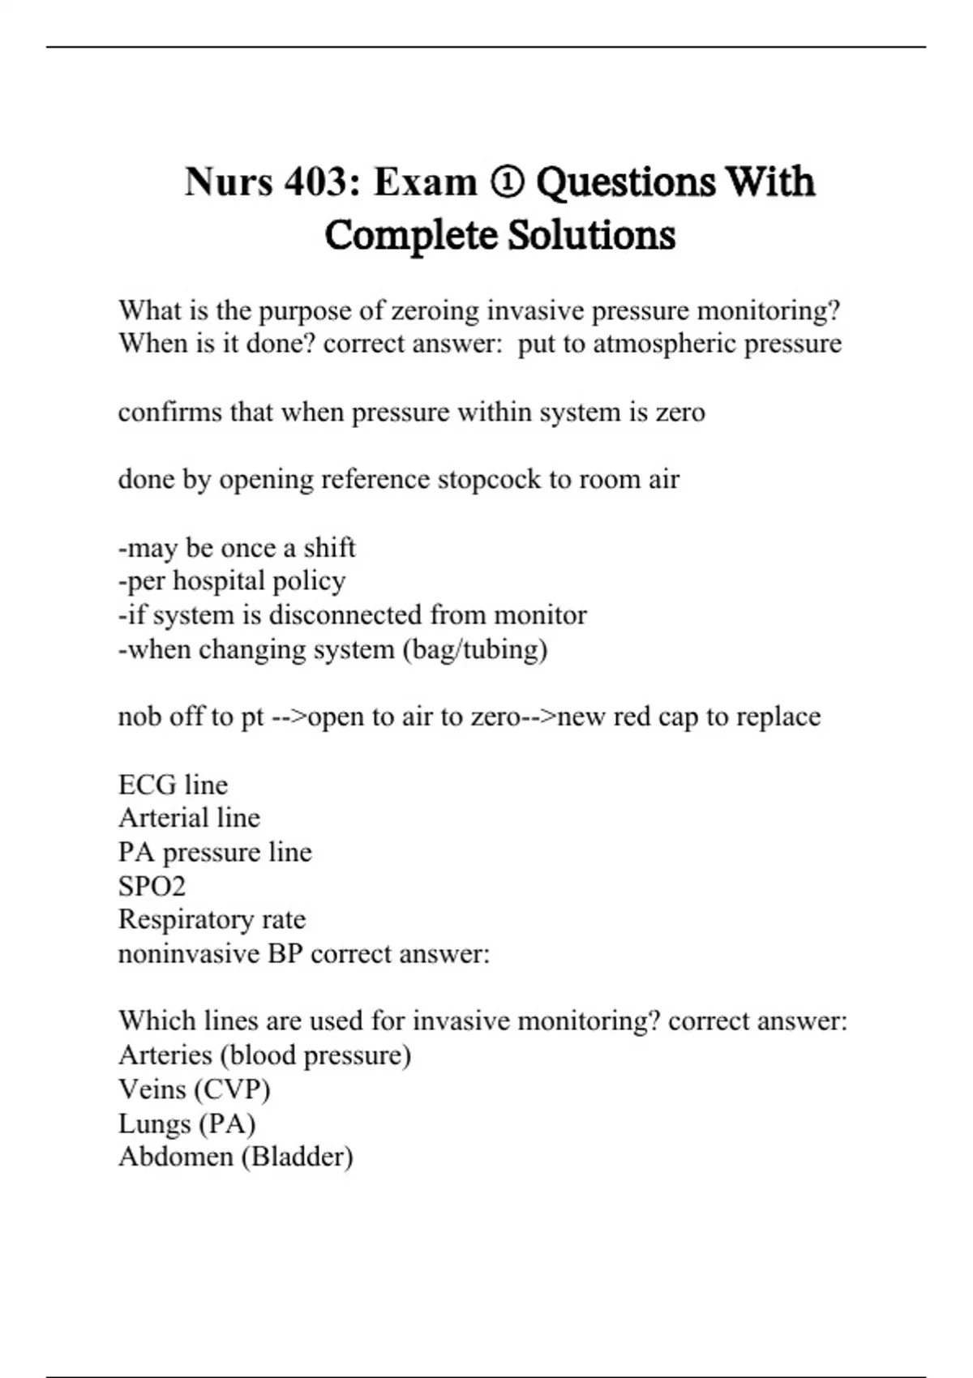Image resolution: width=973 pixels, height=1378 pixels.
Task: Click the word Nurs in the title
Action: coord(229,182)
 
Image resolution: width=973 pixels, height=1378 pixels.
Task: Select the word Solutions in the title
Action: coord(592,236)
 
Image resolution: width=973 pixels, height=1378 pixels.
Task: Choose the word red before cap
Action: coord(632,717)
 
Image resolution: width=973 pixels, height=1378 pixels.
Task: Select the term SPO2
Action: coord(152,887)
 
